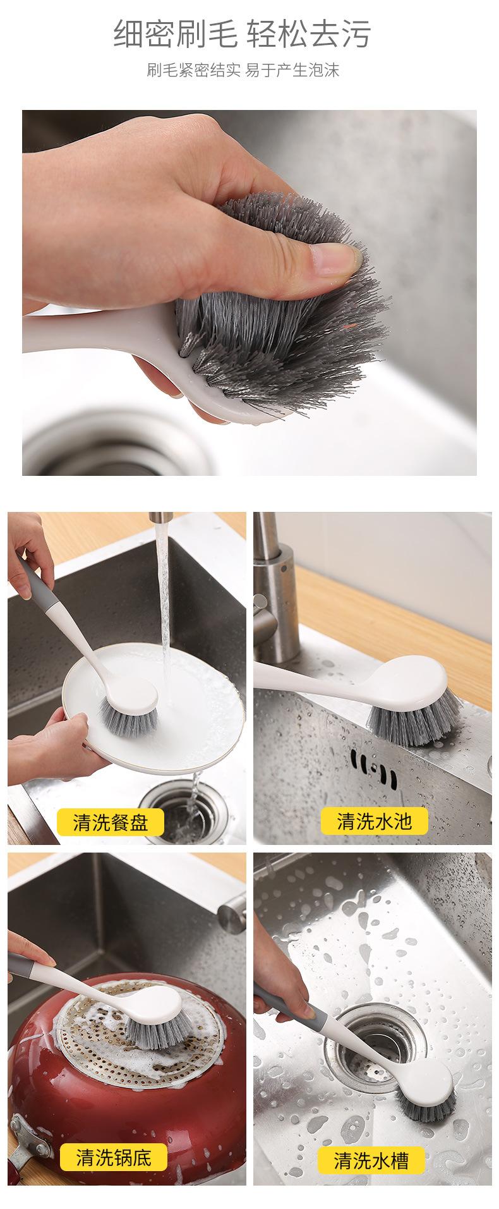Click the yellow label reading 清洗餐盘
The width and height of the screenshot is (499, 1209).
[111, 822]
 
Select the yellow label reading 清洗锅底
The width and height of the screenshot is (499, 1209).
[114, 1157]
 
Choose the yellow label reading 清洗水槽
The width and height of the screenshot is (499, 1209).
[371, 1160]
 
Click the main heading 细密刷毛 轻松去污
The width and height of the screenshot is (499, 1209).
[242, 33]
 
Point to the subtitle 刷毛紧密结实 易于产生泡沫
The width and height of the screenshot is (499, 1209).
[243, 70]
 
